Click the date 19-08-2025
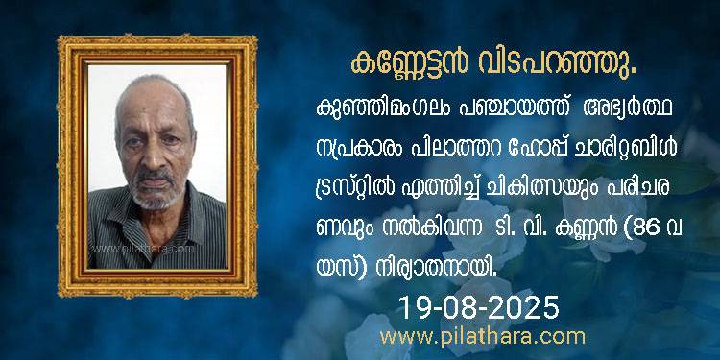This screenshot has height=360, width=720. coord(478,307)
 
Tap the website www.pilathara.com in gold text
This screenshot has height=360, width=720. coord(483,337)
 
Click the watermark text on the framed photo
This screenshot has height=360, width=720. coord(143,250)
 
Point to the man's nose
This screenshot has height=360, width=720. coord(155,156)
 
